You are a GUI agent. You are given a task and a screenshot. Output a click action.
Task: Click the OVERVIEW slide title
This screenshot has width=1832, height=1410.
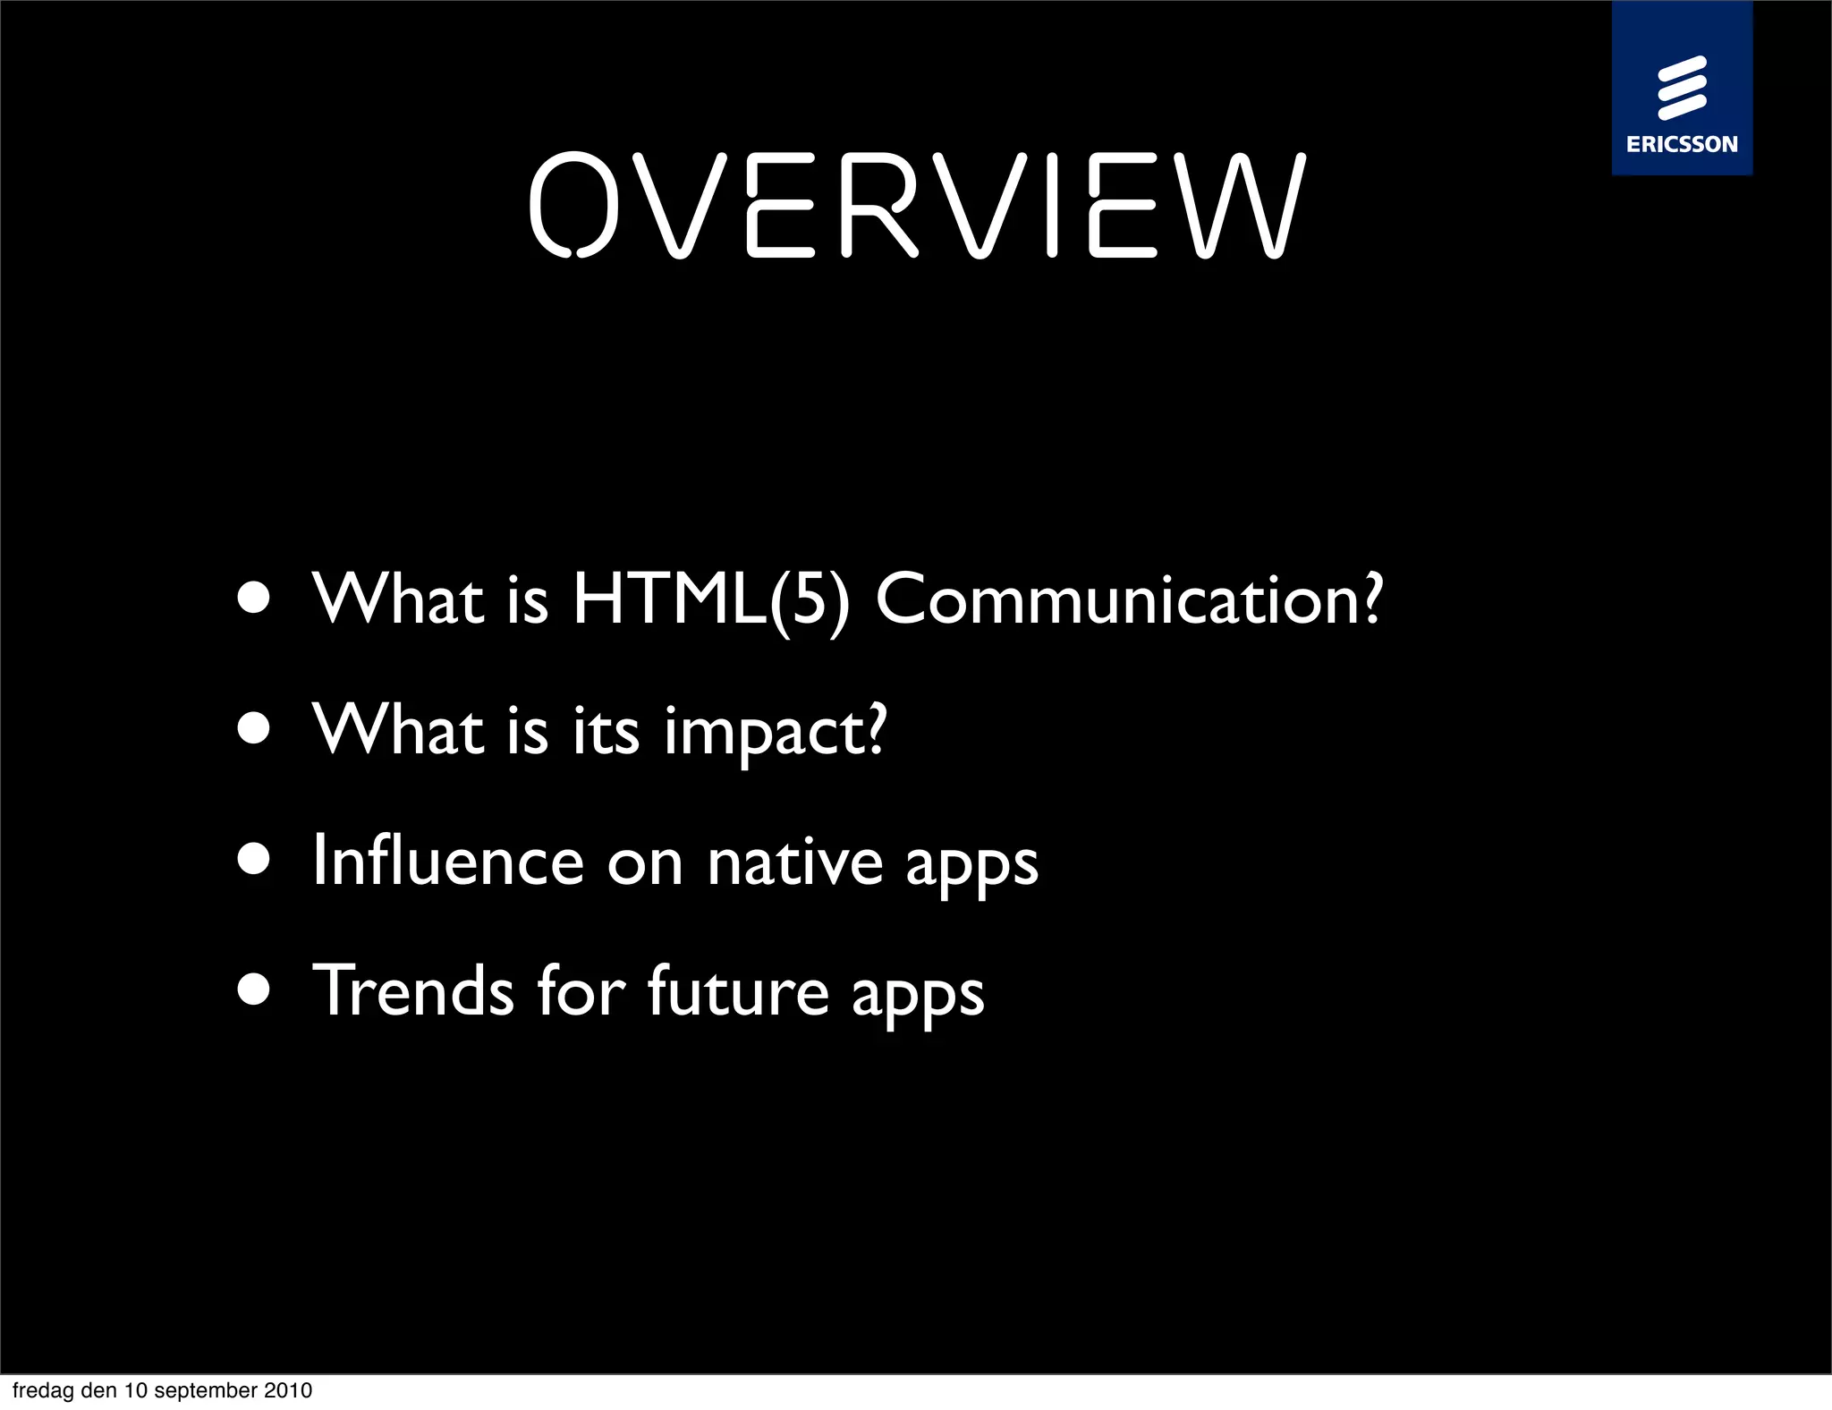pos(917,205)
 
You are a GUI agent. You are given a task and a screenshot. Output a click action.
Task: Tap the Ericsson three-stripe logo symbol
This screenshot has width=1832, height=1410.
pos(1682,88)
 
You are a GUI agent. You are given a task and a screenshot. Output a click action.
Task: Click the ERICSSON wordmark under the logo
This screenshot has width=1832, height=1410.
pos(1682,144)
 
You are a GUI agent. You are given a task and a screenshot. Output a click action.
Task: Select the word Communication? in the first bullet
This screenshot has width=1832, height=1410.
pos(1129,599)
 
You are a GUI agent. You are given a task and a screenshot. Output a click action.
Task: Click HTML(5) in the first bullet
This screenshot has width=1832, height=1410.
pos(710,599)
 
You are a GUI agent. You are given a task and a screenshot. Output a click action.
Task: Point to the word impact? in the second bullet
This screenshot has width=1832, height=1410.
pos(775,732)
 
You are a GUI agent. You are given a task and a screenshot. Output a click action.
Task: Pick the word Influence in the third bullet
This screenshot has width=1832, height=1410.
pos(447,861)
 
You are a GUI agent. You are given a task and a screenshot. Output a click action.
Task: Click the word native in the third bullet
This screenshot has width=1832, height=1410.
pos(794,862)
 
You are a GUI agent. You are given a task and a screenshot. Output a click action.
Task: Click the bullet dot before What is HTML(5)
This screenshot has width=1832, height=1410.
pos(254,599)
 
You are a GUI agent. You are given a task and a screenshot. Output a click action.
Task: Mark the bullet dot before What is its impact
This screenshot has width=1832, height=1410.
pos(254,728)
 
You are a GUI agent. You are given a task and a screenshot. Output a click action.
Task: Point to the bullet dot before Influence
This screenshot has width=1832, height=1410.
pos(254,859)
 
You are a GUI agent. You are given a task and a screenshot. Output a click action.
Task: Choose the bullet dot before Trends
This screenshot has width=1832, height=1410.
pos(254,990)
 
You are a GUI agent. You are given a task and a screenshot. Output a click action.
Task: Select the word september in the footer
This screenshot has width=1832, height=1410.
pos(206,1390)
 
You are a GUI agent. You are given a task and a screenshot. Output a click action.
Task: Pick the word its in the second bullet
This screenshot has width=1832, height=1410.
pos(606,730)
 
